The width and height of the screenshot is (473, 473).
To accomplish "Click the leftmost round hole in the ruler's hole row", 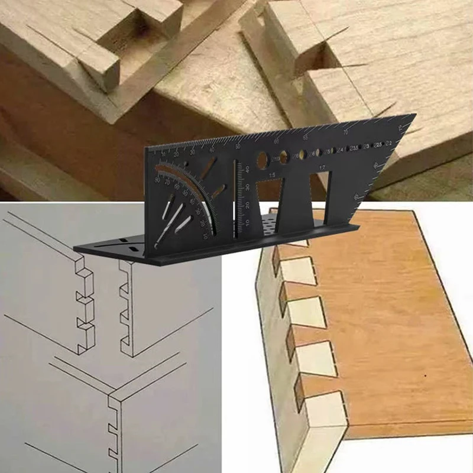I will point(262,159).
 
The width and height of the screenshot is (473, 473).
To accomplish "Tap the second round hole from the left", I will point(284,157).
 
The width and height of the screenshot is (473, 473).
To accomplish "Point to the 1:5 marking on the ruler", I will point(271,176).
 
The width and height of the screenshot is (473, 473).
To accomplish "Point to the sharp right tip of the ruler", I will point(414,115).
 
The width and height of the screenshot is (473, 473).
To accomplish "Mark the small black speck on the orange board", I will point(425,377).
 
